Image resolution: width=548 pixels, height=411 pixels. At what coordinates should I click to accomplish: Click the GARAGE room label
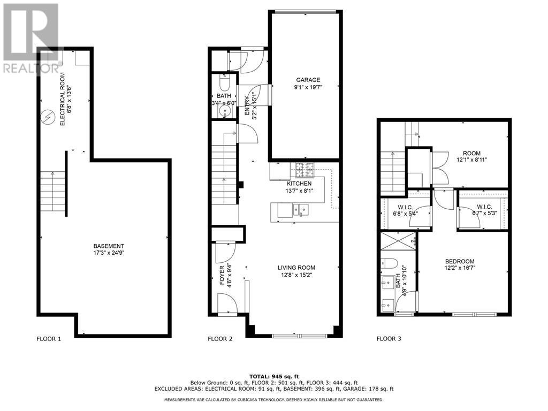pyautogui.click(x=303, y=80)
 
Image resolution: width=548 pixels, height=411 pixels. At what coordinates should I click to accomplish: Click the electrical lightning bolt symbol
pyautogui.click(x=48, y=116)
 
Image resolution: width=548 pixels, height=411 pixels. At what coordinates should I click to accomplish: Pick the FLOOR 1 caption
pyautogui.click(x=49, y=339)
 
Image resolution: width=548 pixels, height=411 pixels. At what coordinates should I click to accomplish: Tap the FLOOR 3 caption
pyautogui.click(x=389, y=339)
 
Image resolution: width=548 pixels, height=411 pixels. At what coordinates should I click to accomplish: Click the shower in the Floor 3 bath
pyautogui.click(x=399, y=243)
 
